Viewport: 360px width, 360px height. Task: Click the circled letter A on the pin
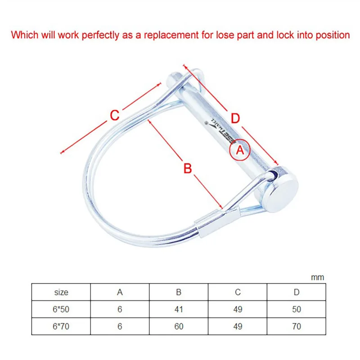pyautogui.click(x=240, y=151)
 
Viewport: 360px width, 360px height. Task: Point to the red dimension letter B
pyautogui.click(x=188, y=168)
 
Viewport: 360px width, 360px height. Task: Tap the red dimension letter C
pyautogui.click(x=115, y=115)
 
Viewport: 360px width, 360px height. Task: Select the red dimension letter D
pyautogui.click(x=235, y=118)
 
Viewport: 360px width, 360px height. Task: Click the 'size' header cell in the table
pyautogui.click(x=61, y=292)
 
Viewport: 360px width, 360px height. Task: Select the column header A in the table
pyautogui.click(x=120, y=292)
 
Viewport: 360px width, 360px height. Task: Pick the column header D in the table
pyautogui.click(x=297, y=292)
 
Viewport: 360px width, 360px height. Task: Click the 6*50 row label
pyautogui.click(x=61, y=310)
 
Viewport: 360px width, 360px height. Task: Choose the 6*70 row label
pyautogui.click(x=61, y=327)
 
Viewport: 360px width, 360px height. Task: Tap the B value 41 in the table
pyautogui.click(x=179, y=310)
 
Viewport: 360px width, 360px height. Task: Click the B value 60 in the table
pyautogui.click(x=179, y=327)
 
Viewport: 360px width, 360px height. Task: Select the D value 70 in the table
pyautogui.click(x=297, y=327)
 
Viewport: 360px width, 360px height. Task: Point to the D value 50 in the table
pyautogui.click(x=297, y=310)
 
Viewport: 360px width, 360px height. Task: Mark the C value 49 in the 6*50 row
pyautogui.click(x=238, y=310)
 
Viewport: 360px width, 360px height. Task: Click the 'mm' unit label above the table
pyautogui.click(x=318, y=277)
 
